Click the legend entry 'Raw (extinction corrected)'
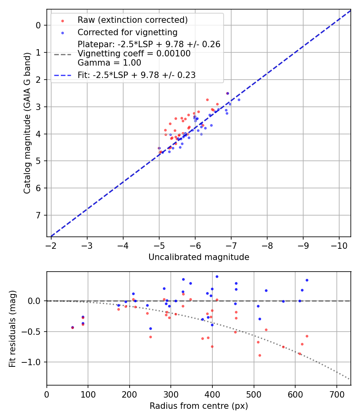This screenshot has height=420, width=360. pos(132,20)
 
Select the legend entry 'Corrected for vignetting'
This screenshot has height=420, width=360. pos(128,32)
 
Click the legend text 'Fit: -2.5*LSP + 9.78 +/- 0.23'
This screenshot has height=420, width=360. pos(136,75)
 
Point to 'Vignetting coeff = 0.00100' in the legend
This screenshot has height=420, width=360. pos(134,54)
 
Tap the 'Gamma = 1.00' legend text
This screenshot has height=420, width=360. pos(109,63)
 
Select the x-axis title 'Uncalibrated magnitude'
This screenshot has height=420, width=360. pos(199,257)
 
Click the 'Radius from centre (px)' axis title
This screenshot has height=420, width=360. pos(199,406)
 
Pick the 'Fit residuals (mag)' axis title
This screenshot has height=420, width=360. pos(12,328)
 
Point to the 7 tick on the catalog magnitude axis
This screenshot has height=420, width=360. pos(38,216)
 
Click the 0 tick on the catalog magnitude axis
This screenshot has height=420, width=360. pos(38,25)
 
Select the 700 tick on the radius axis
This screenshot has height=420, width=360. pos(336,394)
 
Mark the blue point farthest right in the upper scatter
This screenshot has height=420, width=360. pos(239,100)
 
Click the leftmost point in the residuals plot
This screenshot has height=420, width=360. pos(72,328)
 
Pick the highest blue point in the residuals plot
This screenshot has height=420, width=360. pos(217,276)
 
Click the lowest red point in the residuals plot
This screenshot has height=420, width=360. pos(260,355)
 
